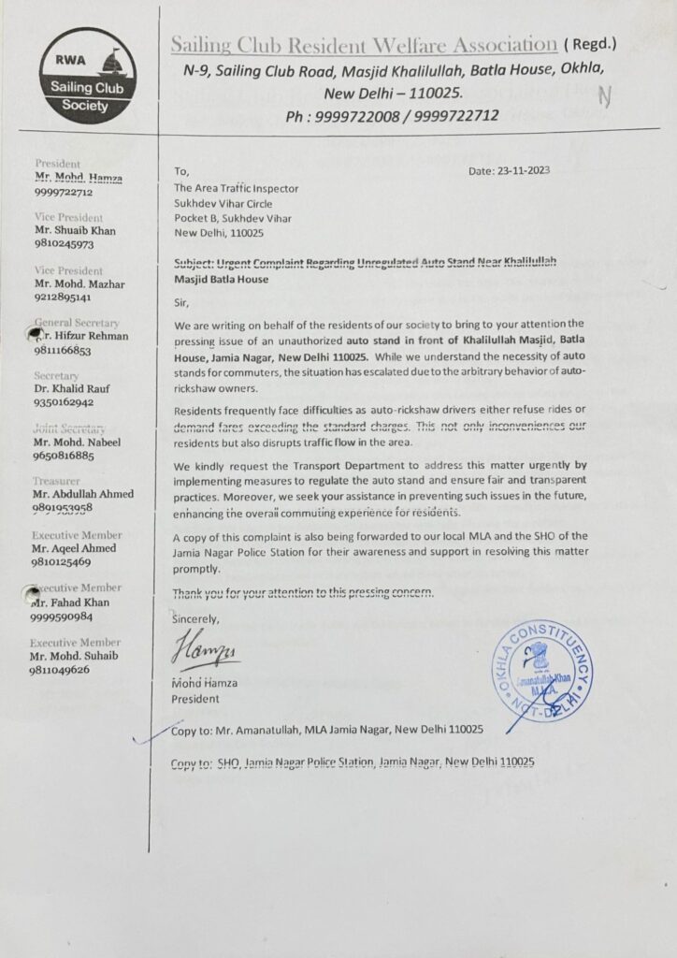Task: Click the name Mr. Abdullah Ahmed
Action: pos(83,494)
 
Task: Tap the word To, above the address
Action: pos(181,171)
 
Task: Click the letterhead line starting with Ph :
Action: pos(392,116)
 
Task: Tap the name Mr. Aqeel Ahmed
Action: pos(75,548)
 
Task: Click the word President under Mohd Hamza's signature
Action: pos(194,698)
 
